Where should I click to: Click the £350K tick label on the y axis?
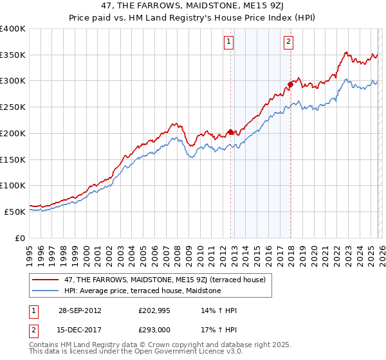(13, 55)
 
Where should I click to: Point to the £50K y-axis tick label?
(15, 212)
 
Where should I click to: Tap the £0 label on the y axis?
(20, 238)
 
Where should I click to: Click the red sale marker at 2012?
(230, 132)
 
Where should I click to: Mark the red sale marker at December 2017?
(290, 84)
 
